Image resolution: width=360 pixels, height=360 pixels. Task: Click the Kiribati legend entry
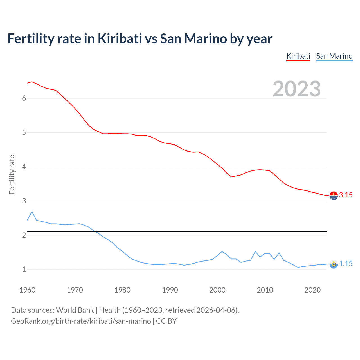pos(298,56)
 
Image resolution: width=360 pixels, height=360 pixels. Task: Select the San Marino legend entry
pos(334,56)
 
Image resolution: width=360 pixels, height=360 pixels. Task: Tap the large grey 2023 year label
pos(297,89)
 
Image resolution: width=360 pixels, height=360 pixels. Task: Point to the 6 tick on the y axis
pos(24,98)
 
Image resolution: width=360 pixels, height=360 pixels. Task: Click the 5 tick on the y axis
pos(24,132)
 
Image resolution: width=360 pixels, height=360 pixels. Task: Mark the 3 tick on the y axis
pos(24,201)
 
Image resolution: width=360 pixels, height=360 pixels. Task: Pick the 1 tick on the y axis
pos(24,269)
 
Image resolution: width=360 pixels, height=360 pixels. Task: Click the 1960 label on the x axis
pos(27,290)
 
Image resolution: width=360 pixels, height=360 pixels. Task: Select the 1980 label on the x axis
pos(122,290)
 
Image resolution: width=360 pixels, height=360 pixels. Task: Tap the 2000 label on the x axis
pos(217,290)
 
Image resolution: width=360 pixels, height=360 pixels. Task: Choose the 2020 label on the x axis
pos(312,290)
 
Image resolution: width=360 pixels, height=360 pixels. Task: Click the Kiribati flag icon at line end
pos(334,195)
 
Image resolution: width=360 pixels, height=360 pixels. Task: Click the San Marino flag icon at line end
pos(334,264)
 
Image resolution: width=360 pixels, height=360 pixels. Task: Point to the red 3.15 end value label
pos(346,195)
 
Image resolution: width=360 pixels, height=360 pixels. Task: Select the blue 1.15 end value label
pos(346,264)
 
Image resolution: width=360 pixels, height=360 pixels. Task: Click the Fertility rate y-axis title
pos(12,174)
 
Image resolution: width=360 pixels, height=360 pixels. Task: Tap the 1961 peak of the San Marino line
pos(32,211)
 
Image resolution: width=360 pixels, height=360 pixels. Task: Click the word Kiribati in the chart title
pos(120,39)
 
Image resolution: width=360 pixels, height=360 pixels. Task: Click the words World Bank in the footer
pos(75,310)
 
